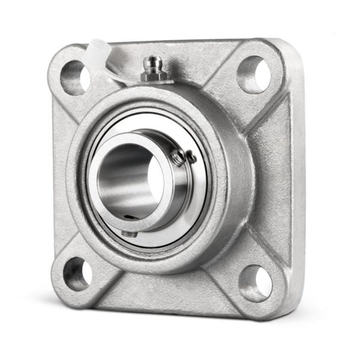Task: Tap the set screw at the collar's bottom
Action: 128,233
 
